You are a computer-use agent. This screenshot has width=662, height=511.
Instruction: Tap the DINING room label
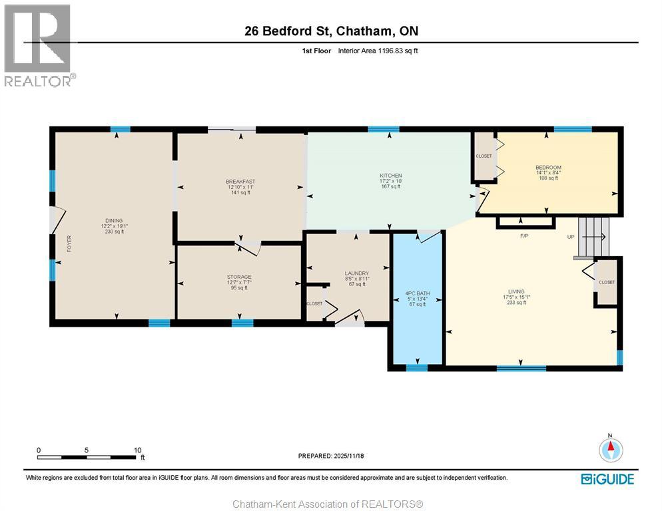pos(114,221)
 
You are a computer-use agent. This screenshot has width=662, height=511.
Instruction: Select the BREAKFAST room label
pos(240,182)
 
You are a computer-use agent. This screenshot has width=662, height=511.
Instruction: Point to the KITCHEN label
pos(390,176)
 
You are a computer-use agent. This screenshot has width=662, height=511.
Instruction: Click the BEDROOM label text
pos(548,168)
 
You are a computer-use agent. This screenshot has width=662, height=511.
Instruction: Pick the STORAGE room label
pos(239,277)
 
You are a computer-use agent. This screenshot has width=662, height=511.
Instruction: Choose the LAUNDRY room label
pos(357,273)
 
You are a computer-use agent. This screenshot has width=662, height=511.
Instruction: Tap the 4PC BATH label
pos(417,293)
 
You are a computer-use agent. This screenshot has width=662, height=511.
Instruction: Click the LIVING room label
pos(516,291)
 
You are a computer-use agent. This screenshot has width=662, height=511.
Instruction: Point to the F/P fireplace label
pos(524,236)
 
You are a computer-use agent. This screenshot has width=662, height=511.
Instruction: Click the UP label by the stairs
pos(571,237)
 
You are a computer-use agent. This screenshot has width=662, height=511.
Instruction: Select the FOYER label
pos(69,244)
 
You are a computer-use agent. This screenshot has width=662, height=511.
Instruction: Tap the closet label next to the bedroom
pos(484,156)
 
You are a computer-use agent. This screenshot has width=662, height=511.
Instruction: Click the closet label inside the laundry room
pos(314,303)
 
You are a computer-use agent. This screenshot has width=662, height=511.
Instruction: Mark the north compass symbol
pos(611,449)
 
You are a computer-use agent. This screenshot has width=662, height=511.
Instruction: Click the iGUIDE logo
pos(607,479)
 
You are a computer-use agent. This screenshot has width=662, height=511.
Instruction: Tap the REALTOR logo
pos(39,45)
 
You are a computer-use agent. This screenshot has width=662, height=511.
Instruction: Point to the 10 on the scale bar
pos(138,450)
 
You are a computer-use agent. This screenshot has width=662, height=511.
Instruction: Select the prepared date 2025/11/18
pos(349,456)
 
